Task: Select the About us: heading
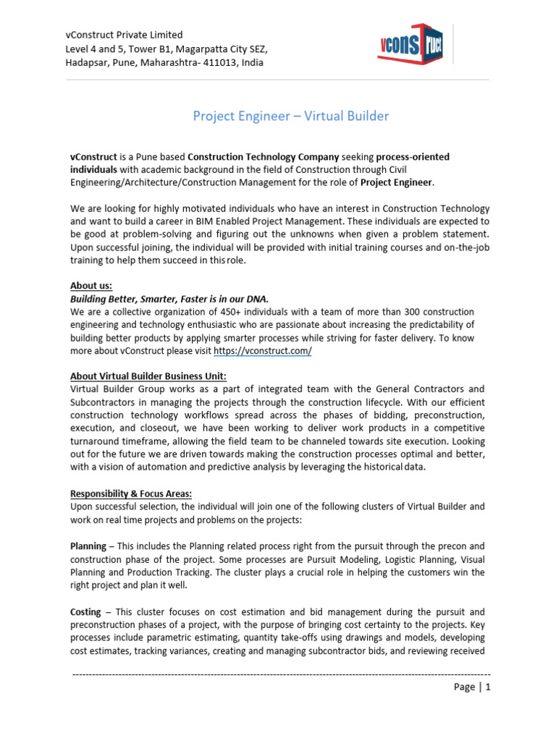[x=91, y=285]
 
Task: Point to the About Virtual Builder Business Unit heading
[x=148, y=376]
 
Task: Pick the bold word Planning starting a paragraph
[x=90, y=546]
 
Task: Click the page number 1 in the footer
[x=488, y=687]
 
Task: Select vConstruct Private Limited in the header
[x=125, y=35]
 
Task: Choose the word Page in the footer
[x=464, y=687]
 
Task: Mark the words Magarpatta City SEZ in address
[x=217, y=48]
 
